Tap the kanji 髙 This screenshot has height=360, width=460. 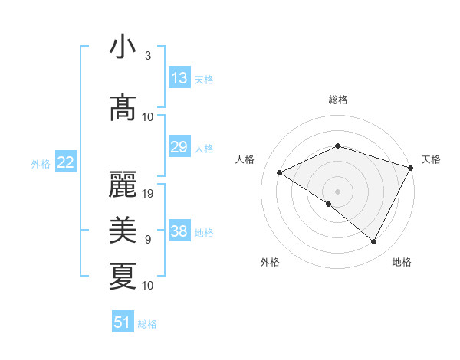[x=123, y=108]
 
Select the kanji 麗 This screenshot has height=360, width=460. [x=123, y=185]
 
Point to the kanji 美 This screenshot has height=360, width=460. [x=123, y=230]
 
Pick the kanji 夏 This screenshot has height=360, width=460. [x=123, y=276]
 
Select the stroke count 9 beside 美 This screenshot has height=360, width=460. [x=147, y=240]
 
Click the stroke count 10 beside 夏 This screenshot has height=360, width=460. [x=149, y=286]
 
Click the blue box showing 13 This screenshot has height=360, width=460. [x=179, y=77]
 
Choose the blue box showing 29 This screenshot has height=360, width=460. [x=179, y=147]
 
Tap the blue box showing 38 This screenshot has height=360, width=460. [x=179, y=231]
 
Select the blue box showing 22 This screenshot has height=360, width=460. [x=66, y=162]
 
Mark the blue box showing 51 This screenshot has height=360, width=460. [x=123, y=322]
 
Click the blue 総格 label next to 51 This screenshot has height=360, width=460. [x=147, y=324]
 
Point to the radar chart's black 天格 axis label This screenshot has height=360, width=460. [x=431, y=159]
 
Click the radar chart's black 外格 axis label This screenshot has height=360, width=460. [x=270, y=262]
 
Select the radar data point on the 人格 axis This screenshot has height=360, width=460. [x=280, y=173]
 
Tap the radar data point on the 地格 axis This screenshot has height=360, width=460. [x=374, y=242]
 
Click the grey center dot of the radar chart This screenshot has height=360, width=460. [x=337, y=191]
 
